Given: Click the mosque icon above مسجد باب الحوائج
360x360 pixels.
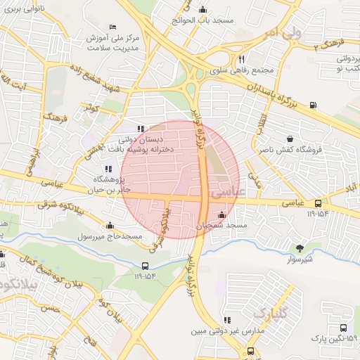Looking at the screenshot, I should [x=203, y=9].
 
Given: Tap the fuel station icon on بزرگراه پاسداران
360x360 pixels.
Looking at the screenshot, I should [x=312, y=106].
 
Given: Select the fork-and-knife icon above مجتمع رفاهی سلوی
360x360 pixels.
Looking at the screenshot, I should [x=241, y=59].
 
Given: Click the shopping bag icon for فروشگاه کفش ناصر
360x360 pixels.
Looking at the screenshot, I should [x=290, y=139].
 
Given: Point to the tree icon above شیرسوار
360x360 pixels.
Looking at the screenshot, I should [x=300, y=247].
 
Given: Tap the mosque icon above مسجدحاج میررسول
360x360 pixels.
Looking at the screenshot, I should [x=110, y=226].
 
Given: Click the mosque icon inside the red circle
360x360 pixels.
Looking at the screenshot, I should [x=222, y=214].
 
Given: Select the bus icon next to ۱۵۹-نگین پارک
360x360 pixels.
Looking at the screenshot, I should [x=342, y=328].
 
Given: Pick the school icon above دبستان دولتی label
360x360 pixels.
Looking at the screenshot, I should [x=140, y=129].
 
